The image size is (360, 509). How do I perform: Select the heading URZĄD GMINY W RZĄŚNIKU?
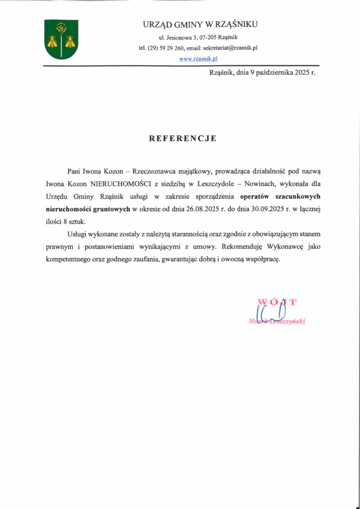pyautogui.click(x=200, y=24)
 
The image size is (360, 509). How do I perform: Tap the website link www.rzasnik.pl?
pyautogui.click(x=198, y=58)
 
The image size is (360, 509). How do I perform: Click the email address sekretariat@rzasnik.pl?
pyautogui.click(x=229, y=48)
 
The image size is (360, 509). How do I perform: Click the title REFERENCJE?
pyautogui.click(x=182, y=139)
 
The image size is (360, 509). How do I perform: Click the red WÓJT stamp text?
pyautogui.click(x=277, y=301)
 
